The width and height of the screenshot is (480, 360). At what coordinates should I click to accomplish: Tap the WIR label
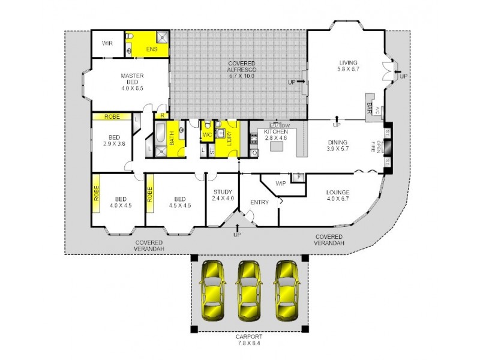pos(107,43)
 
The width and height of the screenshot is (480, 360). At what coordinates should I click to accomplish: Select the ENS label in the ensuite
pos(151,49)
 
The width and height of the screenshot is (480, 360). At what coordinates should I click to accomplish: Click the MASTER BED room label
pos(131,82)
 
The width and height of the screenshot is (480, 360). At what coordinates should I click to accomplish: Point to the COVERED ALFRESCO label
pos(241,70)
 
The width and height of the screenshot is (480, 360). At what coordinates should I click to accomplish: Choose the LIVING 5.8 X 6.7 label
pos(348,65)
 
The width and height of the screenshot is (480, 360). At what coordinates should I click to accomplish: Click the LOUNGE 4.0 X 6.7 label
pos(337,196)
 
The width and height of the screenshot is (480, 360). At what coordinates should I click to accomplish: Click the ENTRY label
pos(260,203)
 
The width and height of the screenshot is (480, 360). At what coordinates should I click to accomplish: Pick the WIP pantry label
pos(280,184)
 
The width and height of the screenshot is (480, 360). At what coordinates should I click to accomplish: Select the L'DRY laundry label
pos(231,139)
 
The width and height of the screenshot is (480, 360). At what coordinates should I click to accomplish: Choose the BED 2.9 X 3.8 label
pos(113,140)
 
